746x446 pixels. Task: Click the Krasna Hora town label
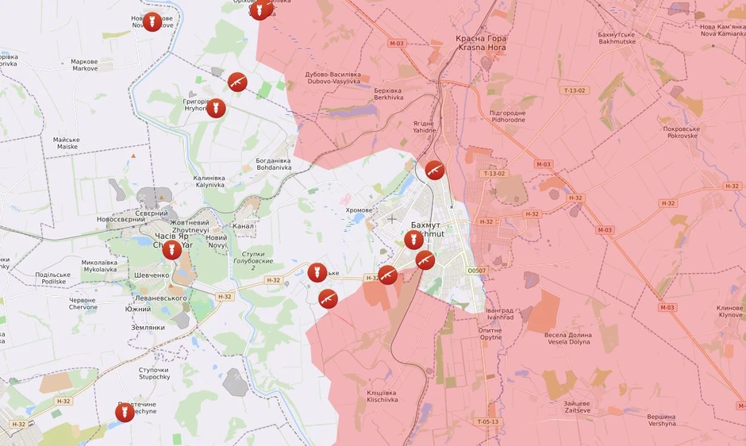tap(480, 43)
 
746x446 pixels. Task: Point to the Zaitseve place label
tap(583, 407)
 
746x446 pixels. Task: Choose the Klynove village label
tap(729, 311)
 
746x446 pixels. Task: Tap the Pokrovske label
tap(681, 132)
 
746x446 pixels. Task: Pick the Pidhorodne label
tap(507, 116)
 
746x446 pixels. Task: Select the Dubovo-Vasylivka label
tap(333, 78)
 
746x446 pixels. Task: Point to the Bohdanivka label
tap(273, 164)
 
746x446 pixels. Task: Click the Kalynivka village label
tap(210, 181)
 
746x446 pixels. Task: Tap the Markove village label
tap(84, 65)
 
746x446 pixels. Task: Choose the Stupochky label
tap(154, 373)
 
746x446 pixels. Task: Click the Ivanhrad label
tap(500, 313)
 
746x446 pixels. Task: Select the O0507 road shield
tap(477, 271)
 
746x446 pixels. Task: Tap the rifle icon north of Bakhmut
tap(434, 169)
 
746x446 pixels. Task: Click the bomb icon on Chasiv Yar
tap(172, 249)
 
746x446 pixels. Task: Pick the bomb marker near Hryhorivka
tap(216, 107)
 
